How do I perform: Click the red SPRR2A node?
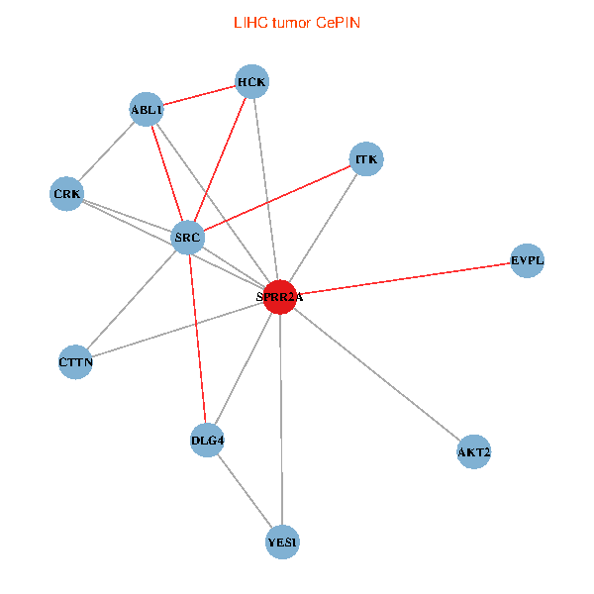tap(280, 296)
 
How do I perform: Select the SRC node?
tap(187, 238)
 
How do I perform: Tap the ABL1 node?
tap(147, 109)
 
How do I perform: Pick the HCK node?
tap(252, 81)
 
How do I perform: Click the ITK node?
tap(365, 158)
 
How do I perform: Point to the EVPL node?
tap(527, 261)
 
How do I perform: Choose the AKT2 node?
tap(474, 452)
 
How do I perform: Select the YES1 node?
tap(283, 542)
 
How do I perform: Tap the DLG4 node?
tap(207, 440)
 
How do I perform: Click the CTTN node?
tap(76, 362)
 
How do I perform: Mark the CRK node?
tap(67, 192)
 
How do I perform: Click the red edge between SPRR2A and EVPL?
tap(404, 278)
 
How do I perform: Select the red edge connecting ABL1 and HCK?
tap(200, 95)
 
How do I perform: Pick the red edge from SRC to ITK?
tap(276, 198)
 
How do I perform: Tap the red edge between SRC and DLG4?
tap(197, 339)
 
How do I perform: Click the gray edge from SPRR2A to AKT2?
tap(377, 374)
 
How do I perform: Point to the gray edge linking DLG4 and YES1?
tap(245, 490)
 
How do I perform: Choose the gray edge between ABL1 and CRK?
tap(107, 150)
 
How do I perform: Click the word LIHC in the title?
tap(248, 22)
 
